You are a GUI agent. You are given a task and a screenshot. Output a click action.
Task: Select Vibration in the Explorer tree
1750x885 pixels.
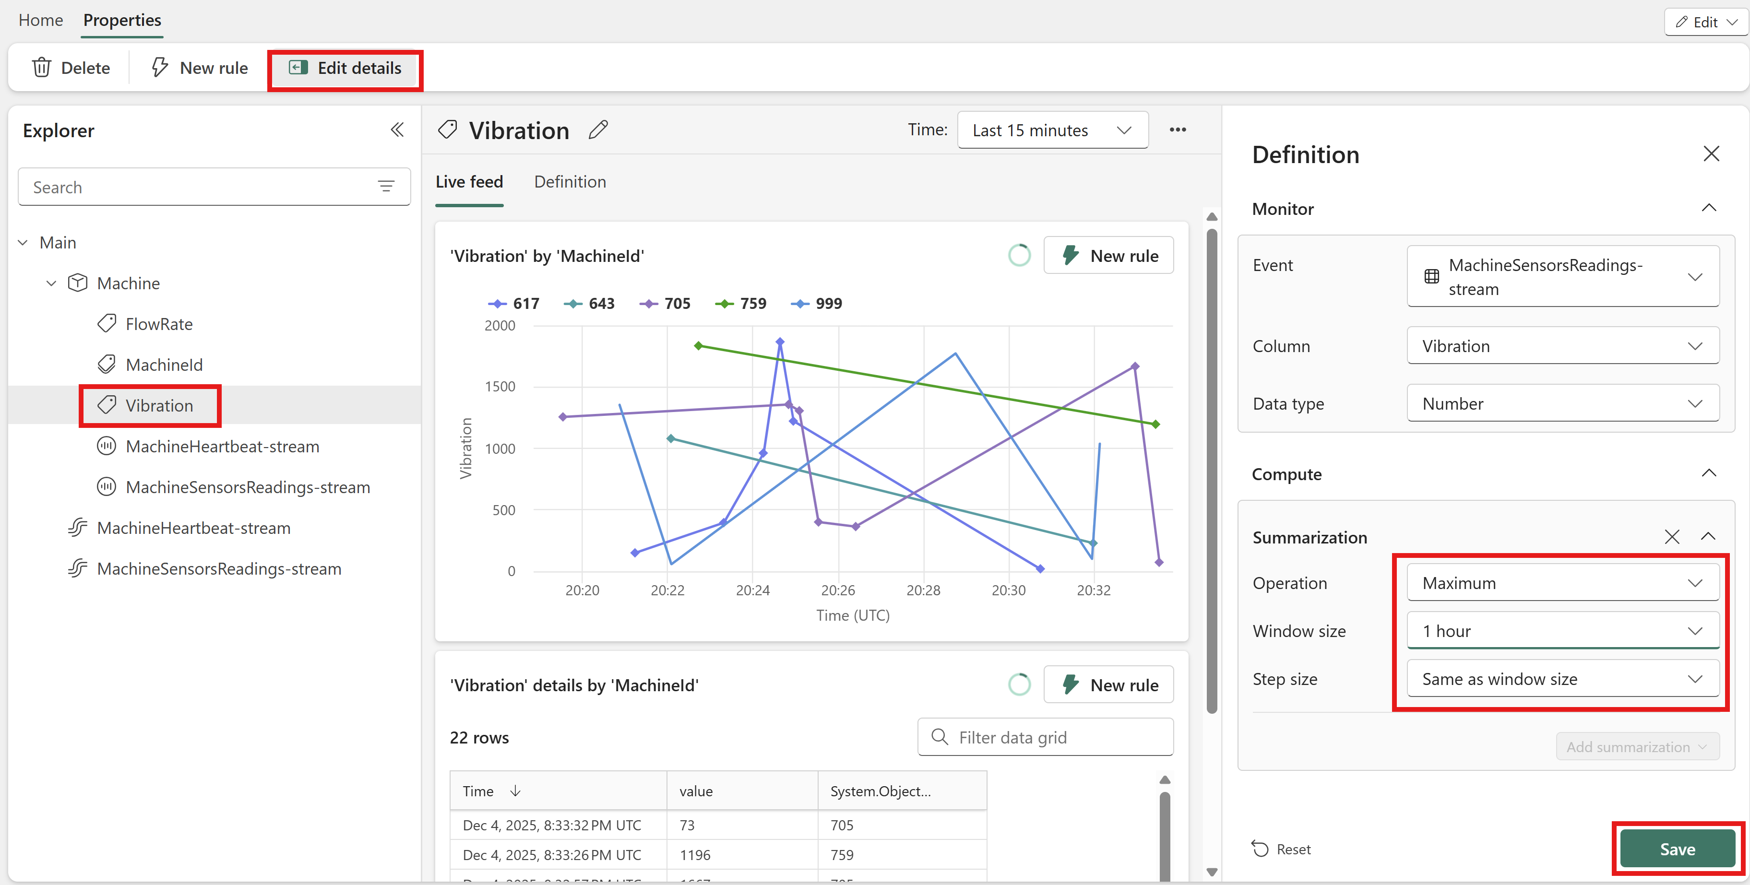pos(159,405)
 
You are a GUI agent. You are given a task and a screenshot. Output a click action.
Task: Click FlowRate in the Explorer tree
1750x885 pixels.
pos(159,324)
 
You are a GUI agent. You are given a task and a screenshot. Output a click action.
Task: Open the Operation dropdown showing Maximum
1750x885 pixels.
pos(1562,583)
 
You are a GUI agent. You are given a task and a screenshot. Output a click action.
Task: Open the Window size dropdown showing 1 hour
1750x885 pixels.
pos(1562,631)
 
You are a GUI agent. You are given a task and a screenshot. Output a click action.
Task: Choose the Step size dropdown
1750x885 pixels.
pos(1562,679)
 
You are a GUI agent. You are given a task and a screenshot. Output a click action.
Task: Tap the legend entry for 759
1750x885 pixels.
pos(740,303)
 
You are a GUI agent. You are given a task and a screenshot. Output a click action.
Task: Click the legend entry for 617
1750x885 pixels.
pos(513,303)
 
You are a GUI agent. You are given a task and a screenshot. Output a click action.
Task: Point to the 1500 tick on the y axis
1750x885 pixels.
pos(500,387)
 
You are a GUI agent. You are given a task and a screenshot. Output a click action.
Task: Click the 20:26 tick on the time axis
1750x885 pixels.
pos(838,590)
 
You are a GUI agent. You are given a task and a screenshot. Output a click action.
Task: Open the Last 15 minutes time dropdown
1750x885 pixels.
pos(1052,130)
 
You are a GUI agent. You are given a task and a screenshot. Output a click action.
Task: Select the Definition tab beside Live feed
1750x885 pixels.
pos(570,182)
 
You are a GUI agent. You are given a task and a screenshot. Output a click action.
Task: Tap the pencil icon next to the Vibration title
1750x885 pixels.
pos(598,130)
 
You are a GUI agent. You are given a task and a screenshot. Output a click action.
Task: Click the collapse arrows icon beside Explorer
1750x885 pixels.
pos(397,130)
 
